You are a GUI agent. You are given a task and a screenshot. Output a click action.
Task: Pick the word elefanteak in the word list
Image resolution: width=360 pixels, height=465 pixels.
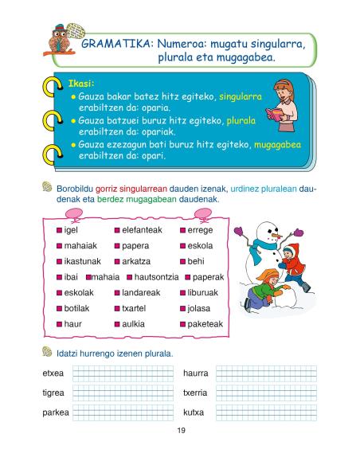[142, 230]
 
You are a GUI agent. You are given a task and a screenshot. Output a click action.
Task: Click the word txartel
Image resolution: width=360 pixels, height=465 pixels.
[134, 308]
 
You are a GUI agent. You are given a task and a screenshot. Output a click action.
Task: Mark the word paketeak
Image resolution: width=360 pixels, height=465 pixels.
[205, 324]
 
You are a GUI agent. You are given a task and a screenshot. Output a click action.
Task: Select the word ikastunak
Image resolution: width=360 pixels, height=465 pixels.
[82, 261]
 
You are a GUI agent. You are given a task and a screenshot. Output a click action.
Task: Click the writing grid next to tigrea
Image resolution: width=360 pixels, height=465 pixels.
[121, 393]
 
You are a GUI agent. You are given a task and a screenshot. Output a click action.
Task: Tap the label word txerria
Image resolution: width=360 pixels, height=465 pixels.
[195, 393]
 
